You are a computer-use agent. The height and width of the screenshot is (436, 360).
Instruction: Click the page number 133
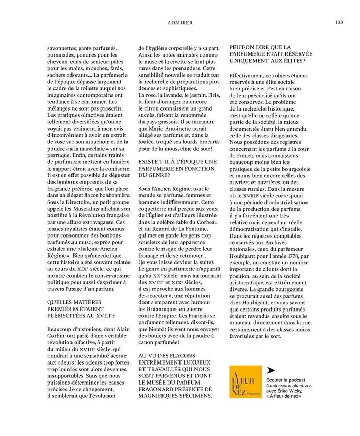click(339, 22)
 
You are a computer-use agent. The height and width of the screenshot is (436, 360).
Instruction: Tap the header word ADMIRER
click(180, 23)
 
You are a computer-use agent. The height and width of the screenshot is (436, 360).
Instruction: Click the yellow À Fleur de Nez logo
click(245, 382)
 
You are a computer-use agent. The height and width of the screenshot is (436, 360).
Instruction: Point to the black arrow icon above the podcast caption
click(271, 370)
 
